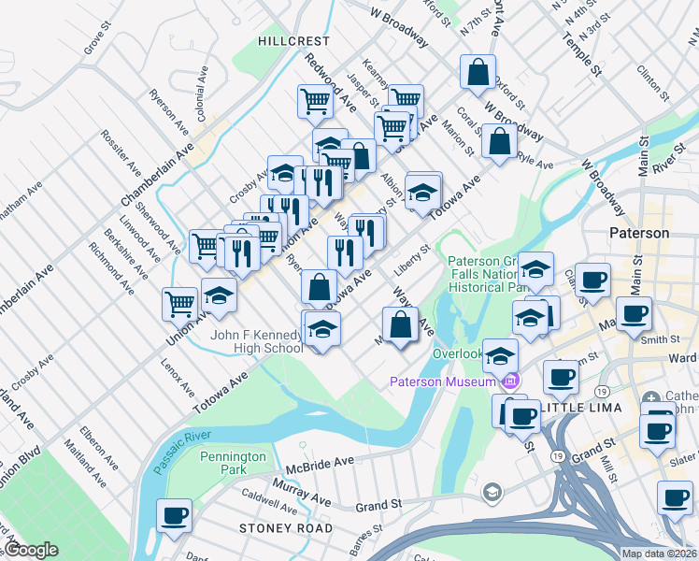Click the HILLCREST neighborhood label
click(x=295, y=41)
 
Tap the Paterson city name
click(x=638, y=233)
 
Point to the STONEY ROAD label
click(x=285, y=528)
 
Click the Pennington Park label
click(x=233, y=463)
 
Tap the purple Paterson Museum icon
click(x=510, y=381)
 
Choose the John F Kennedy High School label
click(x=256, y=341)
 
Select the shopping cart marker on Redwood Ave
click(x=316, y=100)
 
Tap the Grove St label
click(x=96, y=40)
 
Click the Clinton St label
click(x=649, y=74)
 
